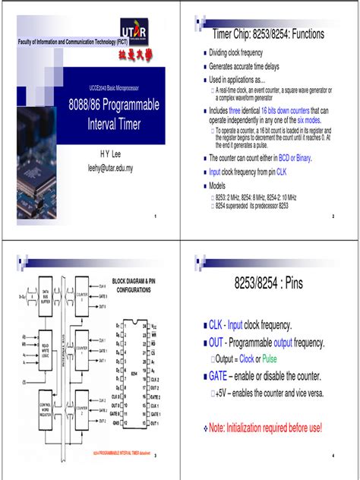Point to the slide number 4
coord(333,456)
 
